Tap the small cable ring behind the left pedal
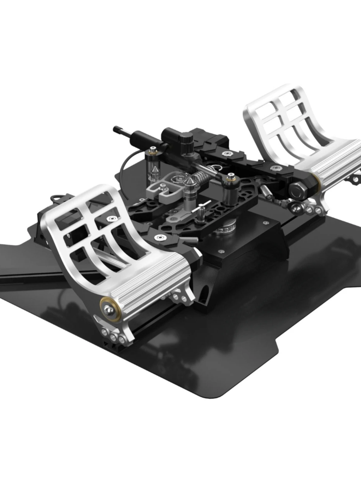(56, 199)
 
